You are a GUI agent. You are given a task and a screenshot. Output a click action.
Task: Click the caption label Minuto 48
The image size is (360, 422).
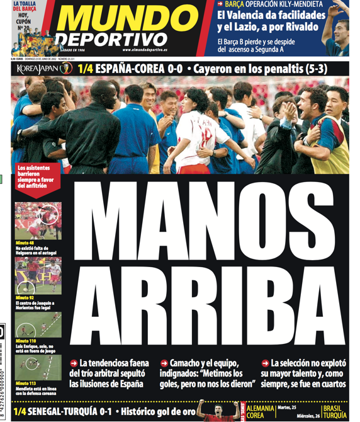tap(27, 242)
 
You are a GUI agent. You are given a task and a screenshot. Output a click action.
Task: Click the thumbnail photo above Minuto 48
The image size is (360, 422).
tap(38, 220)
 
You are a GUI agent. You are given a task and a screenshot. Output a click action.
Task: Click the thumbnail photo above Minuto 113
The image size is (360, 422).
tap(38, 368)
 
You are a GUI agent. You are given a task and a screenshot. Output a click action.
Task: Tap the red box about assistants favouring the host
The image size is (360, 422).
tap(39, 176)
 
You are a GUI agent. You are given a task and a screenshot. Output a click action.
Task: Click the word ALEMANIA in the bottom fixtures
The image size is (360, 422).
tap(259, 408)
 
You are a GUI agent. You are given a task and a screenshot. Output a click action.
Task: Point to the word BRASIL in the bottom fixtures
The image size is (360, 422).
tap(334, 408)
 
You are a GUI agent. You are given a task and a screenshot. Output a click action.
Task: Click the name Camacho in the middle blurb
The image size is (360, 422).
tap(188, 363)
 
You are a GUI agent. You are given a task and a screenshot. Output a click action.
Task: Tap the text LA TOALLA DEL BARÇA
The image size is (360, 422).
tap(23, 6)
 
